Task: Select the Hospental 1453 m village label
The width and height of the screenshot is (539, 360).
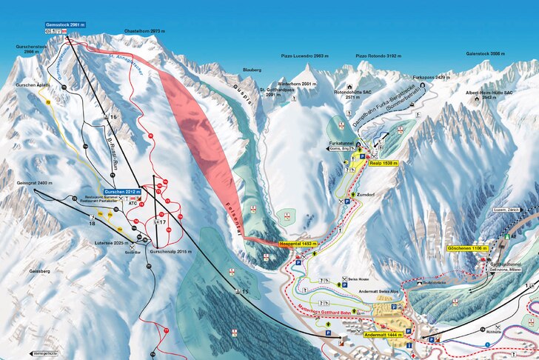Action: coord(298,243)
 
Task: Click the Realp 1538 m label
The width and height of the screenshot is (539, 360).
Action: coord(384,163)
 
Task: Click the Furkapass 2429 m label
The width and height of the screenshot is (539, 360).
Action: coord(431,77)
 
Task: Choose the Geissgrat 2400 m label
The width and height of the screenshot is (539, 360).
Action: coord(35,182)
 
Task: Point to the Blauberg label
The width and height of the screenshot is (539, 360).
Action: coord(252,70)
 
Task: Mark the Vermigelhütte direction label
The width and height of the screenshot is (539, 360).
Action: coord(45,353)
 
